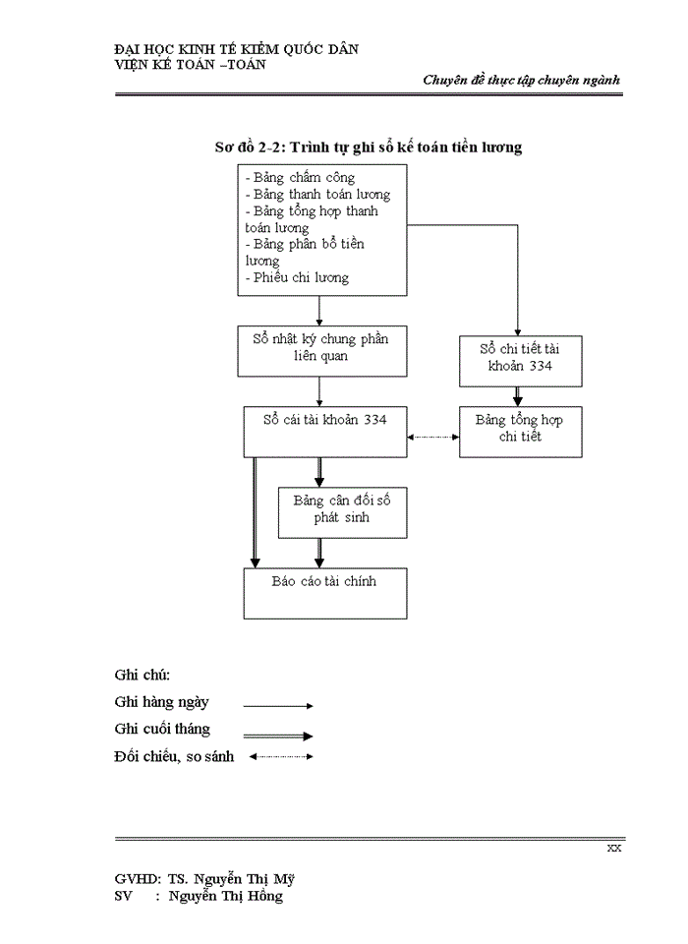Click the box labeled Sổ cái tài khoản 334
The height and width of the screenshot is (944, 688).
pyautogui.click(x=324, y=432)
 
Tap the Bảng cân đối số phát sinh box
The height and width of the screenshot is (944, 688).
pyautogui.click(x=342, y=511)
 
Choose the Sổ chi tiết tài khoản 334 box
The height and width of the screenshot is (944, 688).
pyautogui.click(x=520, y=360)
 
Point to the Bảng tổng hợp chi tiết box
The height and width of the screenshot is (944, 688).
pyautogui.click(x=520, y=432)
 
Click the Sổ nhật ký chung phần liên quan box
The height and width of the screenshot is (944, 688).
pyautogui.click(x=320, y=351)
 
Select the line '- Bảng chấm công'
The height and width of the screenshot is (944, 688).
pyautogui.click(x=300, y=178)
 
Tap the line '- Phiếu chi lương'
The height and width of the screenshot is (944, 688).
pyautogui.click(x=297, y=277)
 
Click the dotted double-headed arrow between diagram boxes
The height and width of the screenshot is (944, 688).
pyautogui.click(x=432, y=438)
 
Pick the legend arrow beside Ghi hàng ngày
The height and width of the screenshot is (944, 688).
pyautogui.click(x=278, y=705)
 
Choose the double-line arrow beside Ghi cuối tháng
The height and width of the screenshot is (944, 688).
pyautogui.click(x=278, y=735)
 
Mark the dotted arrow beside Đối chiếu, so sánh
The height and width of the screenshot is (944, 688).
pyautogui.click(x=281, y=756)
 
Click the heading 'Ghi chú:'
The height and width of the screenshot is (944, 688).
pyautogui.click(x=143, y=675)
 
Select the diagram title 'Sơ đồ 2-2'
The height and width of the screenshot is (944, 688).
pyautogui.click(x=368, y=147)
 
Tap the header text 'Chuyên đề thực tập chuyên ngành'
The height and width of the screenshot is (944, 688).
pyautogui.click(x=521, y=81)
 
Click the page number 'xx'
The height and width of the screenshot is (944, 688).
pyautogui.click(x=613, y=849)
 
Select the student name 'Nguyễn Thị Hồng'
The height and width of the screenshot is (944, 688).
pyautogui.click(x=225, y=896)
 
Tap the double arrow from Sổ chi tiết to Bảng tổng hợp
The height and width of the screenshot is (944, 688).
pyautogui.click(x=518, y=395)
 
